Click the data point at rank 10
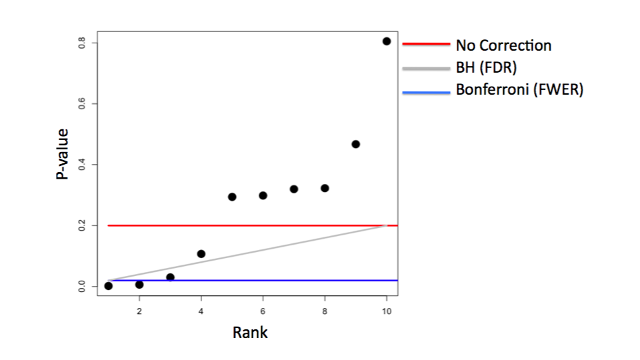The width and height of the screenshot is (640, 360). [387, 41]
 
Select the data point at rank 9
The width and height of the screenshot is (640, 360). [355, 144]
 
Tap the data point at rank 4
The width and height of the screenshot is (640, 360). [201, 254]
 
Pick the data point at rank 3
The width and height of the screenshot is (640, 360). [170, 277]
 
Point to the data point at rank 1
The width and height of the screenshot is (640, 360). [109, 286]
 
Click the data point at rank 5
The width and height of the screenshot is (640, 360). [232, 197]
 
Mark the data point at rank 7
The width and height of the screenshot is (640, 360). [294, 189]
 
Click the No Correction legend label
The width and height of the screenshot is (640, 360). [503, 46]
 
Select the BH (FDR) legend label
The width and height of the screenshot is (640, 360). [486, 68]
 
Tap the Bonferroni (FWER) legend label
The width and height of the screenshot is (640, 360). [519, 90]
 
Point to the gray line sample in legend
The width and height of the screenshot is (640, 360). [426, 68]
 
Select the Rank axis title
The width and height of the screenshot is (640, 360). [250, 332]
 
